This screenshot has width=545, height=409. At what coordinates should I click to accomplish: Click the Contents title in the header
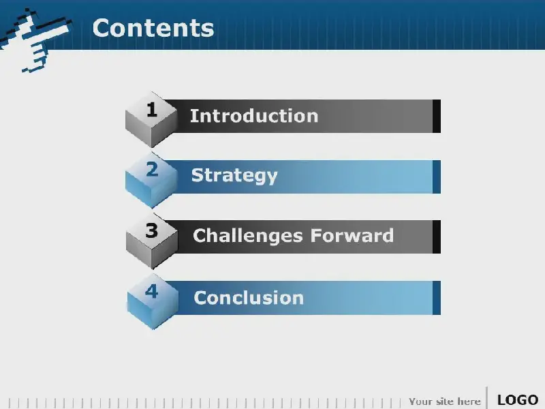[153, 28]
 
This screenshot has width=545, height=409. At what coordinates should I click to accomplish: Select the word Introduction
[254, 116]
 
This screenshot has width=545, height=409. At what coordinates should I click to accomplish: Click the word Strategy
[234, 176]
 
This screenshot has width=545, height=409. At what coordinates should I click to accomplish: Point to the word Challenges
[248, 235]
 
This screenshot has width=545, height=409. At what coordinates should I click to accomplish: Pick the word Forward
[352, 235]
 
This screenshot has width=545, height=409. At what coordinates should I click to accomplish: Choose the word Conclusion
[249, 298]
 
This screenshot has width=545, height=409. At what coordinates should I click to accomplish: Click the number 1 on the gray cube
[151, 110]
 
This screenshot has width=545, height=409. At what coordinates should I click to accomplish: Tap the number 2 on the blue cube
[152, 170]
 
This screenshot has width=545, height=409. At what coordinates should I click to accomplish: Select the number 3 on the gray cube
[151, 230]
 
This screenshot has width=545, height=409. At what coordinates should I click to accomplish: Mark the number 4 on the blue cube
[151, 292]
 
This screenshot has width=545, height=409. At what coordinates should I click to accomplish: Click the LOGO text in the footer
[518, 400]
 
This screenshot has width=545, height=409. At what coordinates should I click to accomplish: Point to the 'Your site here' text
[445, 402]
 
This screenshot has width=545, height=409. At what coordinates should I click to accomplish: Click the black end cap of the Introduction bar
[437, 116]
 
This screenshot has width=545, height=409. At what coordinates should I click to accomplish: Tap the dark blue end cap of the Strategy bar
[437, 177]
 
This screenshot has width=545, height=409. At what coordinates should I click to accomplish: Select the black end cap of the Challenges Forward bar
[437, 237]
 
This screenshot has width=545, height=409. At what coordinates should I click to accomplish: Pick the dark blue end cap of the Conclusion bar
[437, 298]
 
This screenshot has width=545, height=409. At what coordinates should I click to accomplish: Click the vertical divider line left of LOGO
[486, 397]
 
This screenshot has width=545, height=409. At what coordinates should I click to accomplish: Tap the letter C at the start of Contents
[101, 28]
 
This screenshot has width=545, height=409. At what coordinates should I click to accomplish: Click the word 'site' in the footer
[445, 402]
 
